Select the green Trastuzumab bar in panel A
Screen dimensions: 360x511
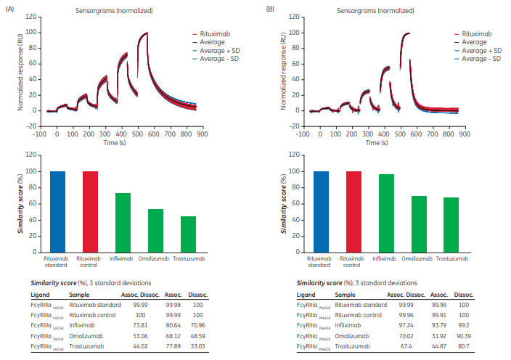188,234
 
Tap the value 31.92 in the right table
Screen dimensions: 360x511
438,337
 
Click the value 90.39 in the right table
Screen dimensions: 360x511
462,337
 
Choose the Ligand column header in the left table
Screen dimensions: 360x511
40,295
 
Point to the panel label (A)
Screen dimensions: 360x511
9,8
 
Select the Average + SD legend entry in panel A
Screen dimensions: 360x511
216,50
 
